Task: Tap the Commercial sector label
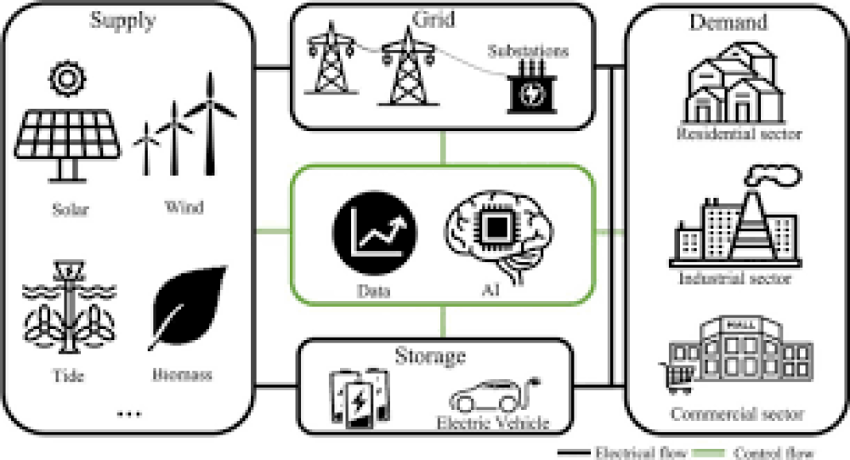click(737, 415)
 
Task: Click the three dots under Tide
click(129, 414)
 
